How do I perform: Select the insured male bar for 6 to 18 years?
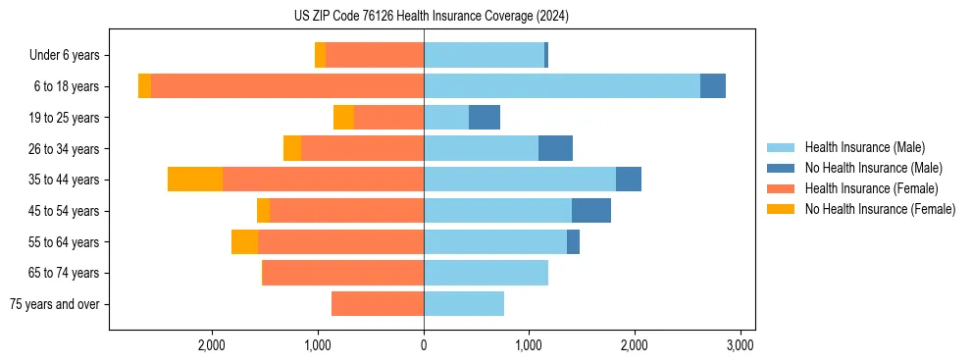(x=561, y=86)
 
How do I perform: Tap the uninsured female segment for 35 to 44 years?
(x=195, y=180)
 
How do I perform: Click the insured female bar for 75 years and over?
(x=378, y=304)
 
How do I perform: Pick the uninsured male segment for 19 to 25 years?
(x=485, y=118)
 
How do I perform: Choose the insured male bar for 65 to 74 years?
(x=485, y=273)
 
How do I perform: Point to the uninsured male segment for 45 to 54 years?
(x=591, y=211)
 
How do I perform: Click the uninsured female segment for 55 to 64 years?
(x=244, y=242)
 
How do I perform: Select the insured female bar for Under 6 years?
(x=375, y=55)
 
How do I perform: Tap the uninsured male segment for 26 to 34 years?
(x=555, y=148)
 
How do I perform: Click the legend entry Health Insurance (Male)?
(x=864, y=147)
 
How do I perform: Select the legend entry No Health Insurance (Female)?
(x=880, y=209)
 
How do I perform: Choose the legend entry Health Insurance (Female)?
(x=871, y=188)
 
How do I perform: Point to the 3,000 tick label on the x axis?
(x=740, y=345)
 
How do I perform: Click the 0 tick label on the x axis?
(x=424, y=345)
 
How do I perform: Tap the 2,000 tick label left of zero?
(x=212, y=345)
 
